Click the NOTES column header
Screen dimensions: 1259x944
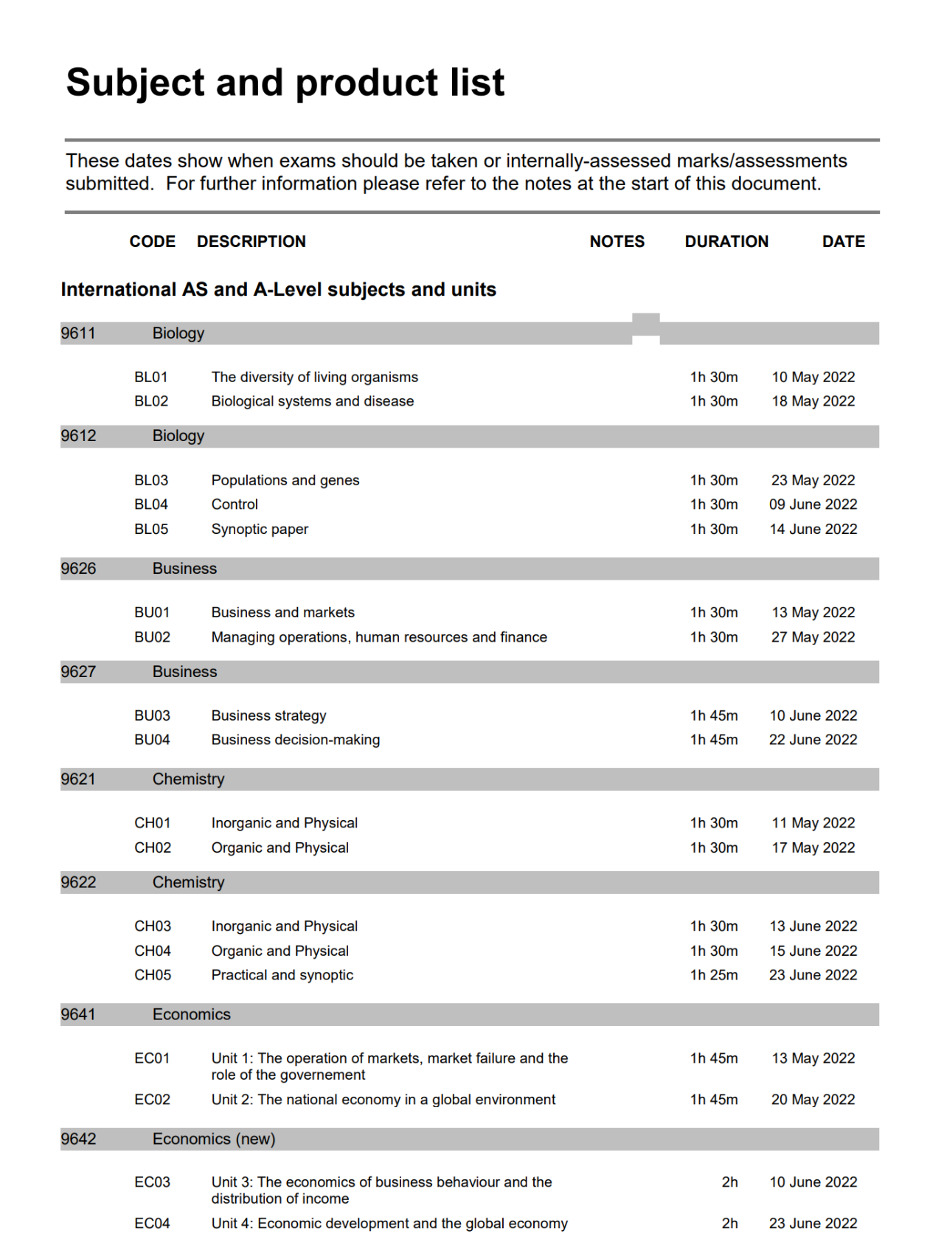(617, 242)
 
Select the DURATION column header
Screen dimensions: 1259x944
(726, 242)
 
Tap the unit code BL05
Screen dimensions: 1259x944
(151, 530)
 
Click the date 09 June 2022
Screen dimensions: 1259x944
(813, 504)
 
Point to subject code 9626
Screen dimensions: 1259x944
(78, 569)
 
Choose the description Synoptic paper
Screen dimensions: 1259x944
(260, 530)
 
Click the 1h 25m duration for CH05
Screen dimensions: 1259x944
(713, 975)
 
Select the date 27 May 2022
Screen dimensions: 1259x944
(813, 637)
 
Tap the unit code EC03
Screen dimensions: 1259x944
(152, 1182)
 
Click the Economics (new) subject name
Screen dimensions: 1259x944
(214, 1139)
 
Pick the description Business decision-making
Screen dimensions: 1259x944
(296, 740)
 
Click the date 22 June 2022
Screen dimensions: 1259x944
(813, 740)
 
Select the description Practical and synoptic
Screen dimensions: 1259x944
(282, 975)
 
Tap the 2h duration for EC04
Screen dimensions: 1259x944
(729, 1224)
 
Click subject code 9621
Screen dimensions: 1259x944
(78, 780)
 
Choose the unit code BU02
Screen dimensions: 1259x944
(152, 637)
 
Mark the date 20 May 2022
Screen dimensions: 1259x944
(813, 1100)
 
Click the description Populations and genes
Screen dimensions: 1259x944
(285, 480)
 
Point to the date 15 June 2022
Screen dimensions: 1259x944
(813, 951)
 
